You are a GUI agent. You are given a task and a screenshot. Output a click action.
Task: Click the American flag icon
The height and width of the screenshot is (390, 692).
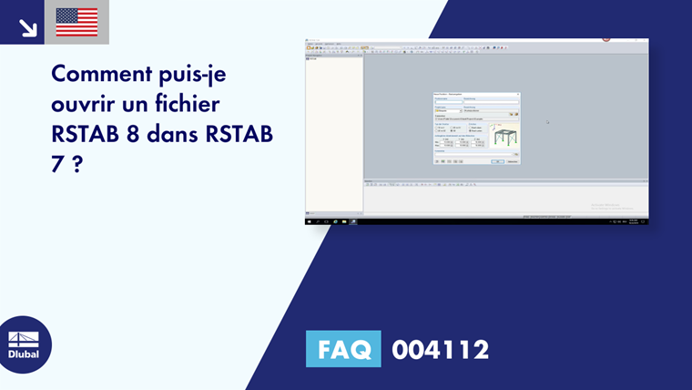(x=76, y=22)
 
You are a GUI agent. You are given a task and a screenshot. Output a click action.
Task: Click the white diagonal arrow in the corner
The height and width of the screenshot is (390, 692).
(x=27, y=27)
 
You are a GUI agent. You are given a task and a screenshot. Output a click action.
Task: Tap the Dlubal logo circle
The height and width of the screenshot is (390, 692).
(x=24, y=345)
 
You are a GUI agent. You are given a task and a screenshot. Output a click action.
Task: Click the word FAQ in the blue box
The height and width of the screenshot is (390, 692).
(x=345, y=349)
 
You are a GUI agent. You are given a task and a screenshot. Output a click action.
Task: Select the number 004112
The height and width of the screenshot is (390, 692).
(x=441, y=349)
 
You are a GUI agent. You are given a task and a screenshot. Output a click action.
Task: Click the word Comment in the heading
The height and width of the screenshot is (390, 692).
(x=98, y=72)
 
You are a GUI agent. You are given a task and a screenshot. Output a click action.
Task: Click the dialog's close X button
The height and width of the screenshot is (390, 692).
(x=517, y=94)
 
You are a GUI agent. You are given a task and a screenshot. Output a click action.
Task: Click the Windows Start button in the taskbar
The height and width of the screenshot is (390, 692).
(x=310, y=221)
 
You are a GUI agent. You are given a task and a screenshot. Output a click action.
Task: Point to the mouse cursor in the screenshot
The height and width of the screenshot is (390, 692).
(x=547, y=121)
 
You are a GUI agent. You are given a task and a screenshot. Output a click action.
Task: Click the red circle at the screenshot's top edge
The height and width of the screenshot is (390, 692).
(x=605, y=39)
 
